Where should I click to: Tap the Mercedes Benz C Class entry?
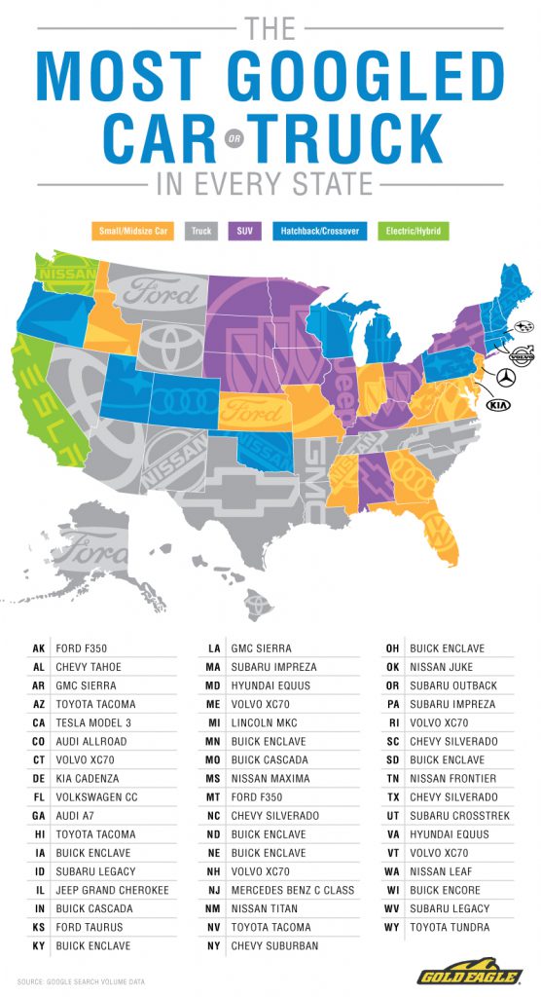tap(293, 890)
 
